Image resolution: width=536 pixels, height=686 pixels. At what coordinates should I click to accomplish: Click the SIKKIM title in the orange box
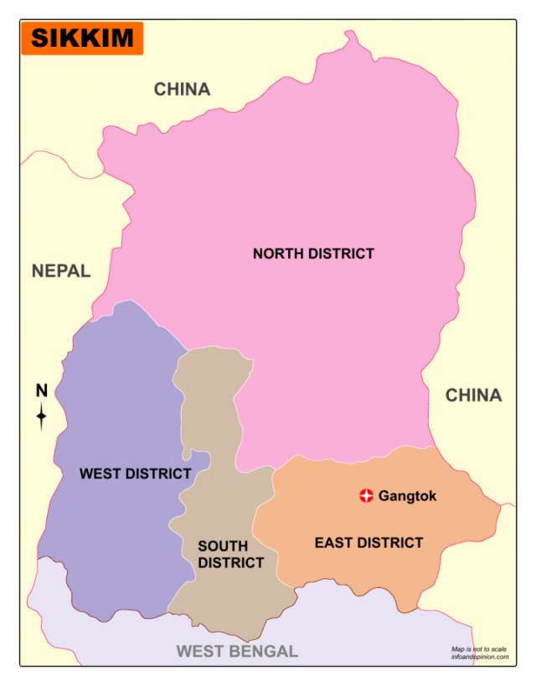pos(82,38)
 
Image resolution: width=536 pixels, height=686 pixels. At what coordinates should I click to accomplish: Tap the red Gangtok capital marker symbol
pos(366,496)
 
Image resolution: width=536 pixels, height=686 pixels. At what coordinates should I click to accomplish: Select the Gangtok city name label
pos(408,496)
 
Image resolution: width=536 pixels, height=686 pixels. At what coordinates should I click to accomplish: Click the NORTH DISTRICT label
pos(313,253)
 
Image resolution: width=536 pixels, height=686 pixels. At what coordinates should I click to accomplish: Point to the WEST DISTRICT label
pos(135,474)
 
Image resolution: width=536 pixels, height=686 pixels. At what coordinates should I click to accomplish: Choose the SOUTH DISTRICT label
pos(230,555)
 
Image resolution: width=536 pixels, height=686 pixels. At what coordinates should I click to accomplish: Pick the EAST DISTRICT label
pos(368,543)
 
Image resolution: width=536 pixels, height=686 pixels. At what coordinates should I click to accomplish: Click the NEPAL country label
pos(61,270)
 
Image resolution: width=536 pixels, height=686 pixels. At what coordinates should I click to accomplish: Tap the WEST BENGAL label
pos(236,651)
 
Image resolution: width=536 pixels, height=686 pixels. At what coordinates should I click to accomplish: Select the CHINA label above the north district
pos(182,89)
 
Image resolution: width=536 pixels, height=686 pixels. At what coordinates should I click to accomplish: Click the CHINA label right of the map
pos(473,395)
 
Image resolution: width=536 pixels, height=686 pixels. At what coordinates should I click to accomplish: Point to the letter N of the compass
pos(41,390)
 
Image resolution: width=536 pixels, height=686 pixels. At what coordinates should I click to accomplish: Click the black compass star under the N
pos(41,416)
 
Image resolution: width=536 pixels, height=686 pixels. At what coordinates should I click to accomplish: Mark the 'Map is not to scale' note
pos(479,648)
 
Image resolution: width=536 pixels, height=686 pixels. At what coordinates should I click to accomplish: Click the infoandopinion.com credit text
pos(479,657)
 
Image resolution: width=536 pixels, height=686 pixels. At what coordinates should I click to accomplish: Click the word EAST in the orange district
pos(332,543)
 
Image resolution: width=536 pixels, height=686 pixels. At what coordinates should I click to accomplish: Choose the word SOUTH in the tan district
pos(223,546)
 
